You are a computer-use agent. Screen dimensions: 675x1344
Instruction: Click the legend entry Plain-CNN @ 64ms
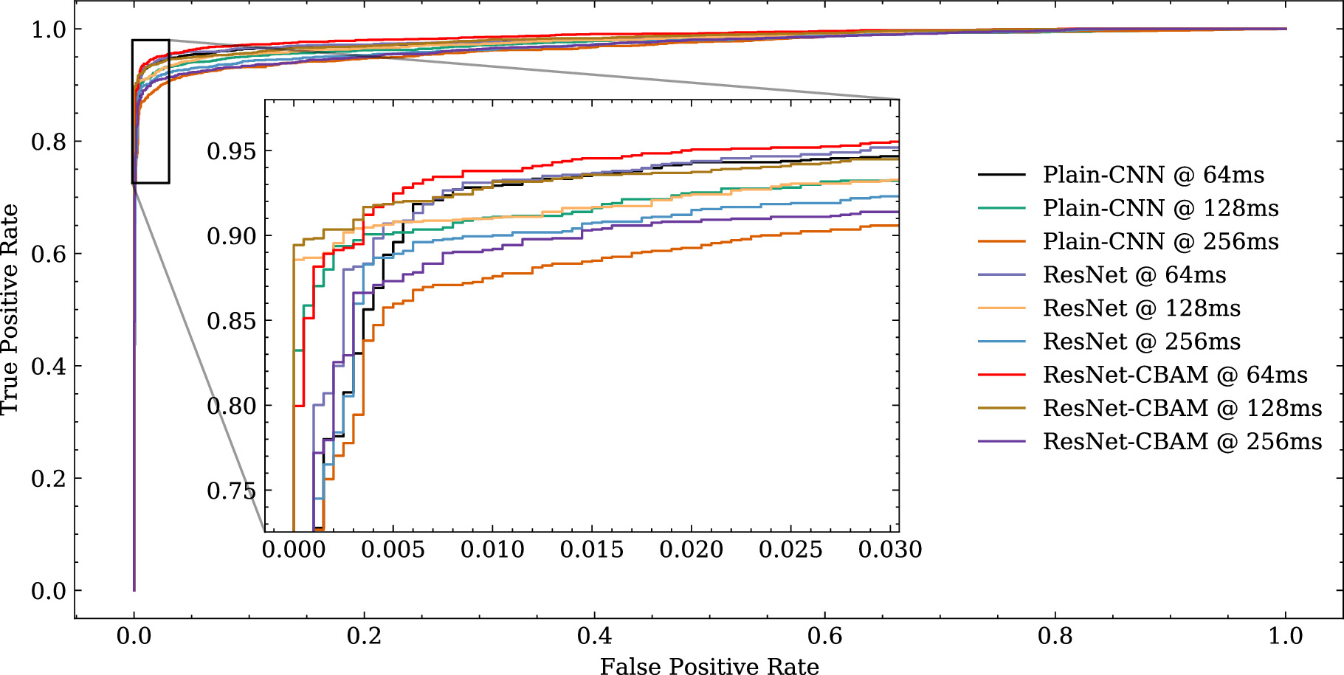1153,175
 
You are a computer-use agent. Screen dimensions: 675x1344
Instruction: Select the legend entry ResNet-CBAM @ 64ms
1174,375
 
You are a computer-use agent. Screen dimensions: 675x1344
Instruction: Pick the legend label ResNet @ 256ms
1141,342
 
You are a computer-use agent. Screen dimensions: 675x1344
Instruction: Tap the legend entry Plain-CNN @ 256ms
1160,241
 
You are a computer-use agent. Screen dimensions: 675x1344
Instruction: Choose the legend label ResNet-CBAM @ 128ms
1182,408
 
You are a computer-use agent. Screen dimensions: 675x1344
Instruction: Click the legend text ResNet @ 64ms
1134,274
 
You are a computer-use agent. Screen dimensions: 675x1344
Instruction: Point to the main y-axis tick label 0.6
49,254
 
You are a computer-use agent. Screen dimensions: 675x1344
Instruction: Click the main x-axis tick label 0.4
594,636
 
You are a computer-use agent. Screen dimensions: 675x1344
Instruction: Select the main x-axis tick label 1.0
1285,636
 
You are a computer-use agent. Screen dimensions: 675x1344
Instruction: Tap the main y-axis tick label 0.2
49,479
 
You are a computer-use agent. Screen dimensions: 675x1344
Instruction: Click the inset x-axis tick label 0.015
592,550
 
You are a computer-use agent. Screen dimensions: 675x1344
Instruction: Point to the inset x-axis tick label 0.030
890,550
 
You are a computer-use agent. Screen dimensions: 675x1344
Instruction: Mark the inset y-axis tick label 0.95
231,151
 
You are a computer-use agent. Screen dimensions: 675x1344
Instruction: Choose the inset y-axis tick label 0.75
231,491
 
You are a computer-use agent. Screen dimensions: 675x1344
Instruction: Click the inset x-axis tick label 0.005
393,550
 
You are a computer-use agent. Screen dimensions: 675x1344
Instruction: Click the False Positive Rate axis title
709,666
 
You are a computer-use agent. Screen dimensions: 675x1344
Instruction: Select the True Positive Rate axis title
10,309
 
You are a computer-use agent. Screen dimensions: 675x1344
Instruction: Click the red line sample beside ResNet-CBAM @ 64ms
1002,375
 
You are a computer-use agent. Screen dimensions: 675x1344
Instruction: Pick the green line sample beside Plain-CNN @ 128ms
1002,208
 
